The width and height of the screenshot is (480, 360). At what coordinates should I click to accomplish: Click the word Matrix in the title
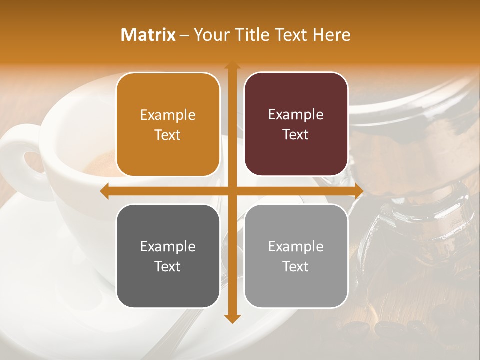148,35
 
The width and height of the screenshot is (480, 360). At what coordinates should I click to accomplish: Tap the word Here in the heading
331,35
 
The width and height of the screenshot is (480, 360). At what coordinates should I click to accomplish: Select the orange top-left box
168,124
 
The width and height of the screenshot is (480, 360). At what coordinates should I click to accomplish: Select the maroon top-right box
296,124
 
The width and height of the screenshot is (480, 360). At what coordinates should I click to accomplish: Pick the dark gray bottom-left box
168,256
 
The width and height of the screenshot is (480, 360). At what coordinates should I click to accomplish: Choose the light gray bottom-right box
296,256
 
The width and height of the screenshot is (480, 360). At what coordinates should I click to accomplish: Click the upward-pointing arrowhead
232,65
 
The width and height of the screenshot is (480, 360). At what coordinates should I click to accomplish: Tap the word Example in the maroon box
296,114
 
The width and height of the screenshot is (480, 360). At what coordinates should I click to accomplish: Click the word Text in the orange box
168,135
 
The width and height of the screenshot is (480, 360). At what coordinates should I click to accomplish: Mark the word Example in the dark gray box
168,246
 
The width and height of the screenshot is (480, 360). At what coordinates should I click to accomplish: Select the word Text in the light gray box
296,266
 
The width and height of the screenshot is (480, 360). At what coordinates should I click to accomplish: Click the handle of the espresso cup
20,155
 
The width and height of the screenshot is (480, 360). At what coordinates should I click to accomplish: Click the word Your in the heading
208,35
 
